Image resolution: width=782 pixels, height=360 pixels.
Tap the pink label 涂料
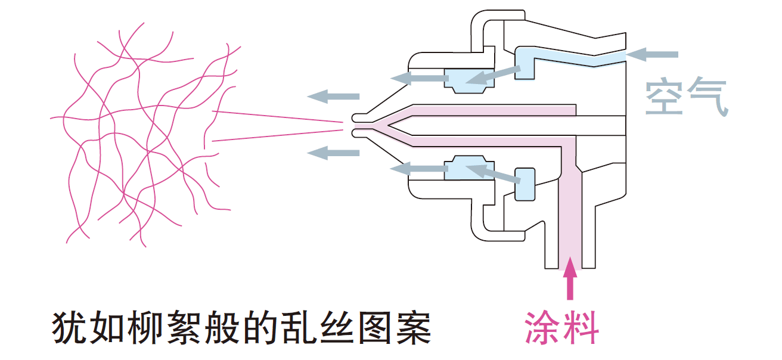pyautogui.click(x=561, y=327)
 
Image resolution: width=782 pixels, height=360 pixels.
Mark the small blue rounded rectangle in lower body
pyautogui.click(x=525, y=183)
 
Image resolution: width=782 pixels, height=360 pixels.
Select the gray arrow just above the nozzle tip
pyautogui.click(x=334, y=96)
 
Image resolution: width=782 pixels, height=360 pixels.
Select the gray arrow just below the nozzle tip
pyautogui.click(x=334, y=152)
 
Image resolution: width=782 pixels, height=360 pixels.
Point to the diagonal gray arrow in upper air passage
pyautogui.click(x=492, y=74)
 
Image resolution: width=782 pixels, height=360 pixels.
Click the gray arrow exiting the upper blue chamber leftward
pyautogui.click(x=417, y=76)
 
